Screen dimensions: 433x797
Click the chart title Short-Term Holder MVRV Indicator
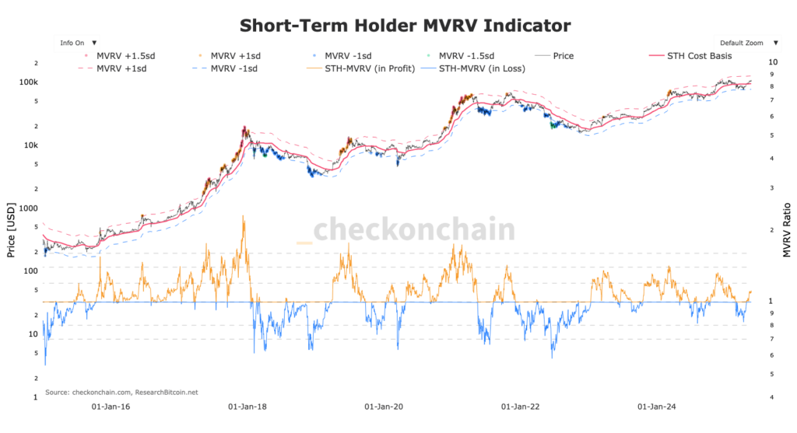[x=405, y=26]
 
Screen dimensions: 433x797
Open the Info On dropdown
[x=78, y=43]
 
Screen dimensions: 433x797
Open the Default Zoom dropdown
[x=746, y=43]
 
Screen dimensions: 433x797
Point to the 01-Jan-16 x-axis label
[x=112, y=407]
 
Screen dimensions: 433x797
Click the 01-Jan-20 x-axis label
[x=384, y=407]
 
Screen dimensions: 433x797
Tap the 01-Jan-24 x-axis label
[x=657, y=407]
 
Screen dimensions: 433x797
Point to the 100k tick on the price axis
[x=30, y=82]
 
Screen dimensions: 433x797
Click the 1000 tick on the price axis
[x=28, y=208]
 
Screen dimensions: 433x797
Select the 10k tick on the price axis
[x=31, y=145]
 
